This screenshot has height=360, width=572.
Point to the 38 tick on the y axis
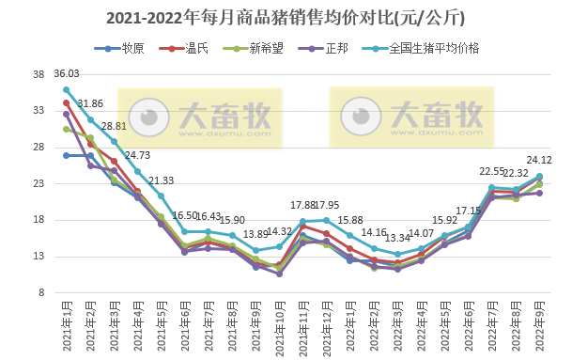tap(40, 74)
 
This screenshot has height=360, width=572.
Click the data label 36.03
tap(67, 73)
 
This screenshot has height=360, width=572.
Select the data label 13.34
tap(398, 238)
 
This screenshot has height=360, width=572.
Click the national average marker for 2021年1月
tap(67, 89)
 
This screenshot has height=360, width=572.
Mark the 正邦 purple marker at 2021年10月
tap(279, 274)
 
